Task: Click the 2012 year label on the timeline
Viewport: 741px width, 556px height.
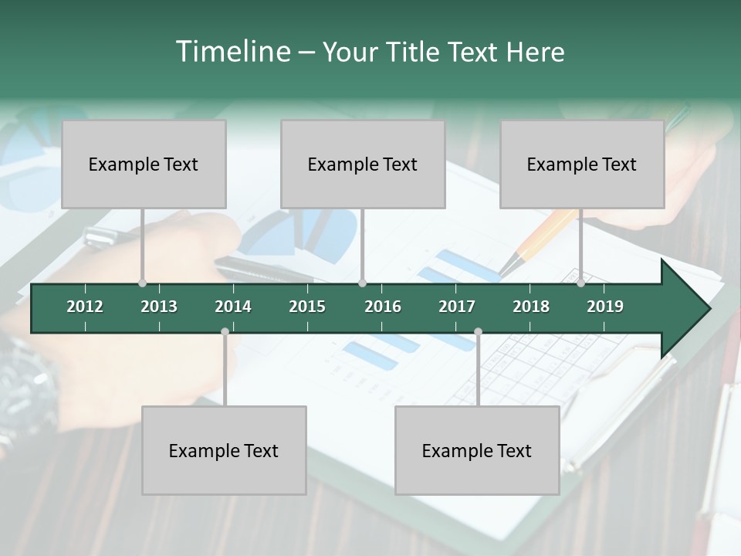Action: click(85, 307)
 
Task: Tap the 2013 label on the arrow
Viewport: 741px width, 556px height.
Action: click(159, 307)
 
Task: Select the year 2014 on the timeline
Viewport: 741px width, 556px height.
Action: click(233, 307)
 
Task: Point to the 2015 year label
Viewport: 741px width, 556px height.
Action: click(307, 307)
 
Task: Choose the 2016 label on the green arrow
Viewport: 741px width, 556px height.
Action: click(383, 307)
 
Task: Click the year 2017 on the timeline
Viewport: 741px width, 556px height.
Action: click(457, 307)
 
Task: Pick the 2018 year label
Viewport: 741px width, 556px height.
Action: click(531, 307)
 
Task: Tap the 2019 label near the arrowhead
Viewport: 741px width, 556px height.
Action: click(605, 307)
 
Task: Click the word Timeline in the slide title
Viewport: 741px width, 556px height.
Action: click(232, 52)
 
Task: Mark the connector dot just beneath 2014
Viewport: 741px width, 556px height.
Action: click(225, 332)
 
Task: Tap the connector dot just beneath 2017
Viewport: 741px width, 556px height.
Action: click(478, 332)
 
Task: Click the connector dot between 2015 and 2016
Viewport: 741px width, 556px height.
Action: click(363, 283)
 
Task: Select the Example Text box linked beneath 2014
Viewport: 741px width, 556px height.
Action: click(224, 450)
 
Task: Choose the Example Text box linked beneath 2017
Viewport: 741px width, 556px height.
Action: click(477, 450)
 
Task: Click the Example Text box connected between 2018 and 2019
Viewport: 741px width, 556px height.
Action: click(582, 164)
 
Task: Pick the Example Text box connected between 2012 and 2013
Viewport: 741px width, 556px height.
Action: click(144, 164)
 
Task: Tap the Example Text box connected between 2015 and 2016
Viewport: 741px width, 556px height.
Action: click(363, 164)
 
